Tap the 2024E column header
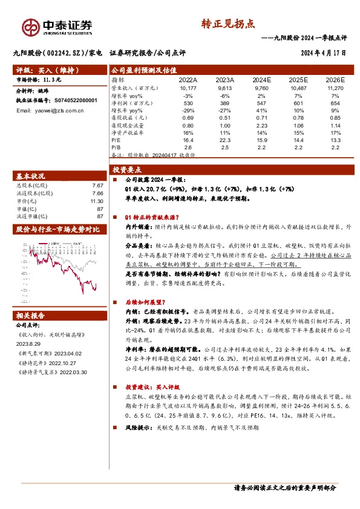click(x=262, y=79)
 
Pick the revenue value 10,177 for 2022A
click(x=188, y=87)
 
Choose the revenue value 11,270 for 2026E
click(x=334, y=87)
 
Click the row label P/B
click(x=117, y=147)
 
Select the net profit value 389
click(x=224, y=104)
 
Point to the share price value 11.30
click(x=97, y=201)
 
